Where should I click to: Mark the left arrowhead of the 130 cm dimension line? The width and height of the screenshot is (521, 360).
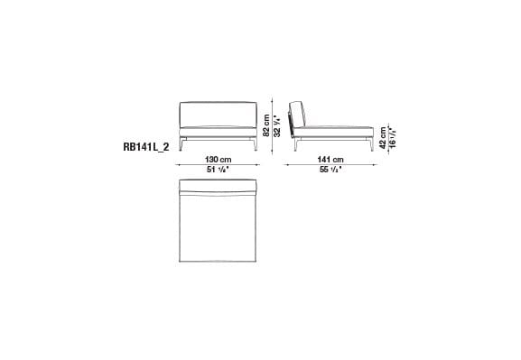click(181, 165)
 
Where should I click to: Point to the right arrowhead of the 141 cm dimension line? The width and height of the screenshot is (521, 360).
click(374, 165)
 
